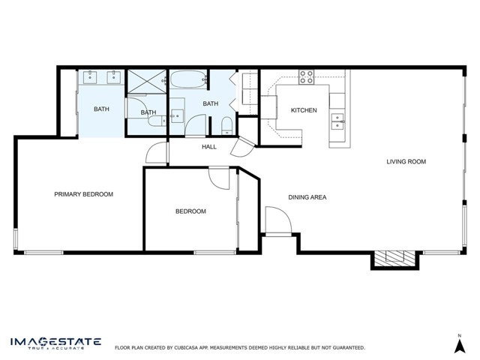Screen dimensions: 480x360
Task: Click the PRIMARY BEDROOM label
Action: [83, 194]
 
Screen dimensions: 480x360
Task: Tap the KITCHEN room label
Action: [304, 110]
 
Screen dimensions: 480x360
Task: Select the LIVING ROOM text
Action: [406, 162]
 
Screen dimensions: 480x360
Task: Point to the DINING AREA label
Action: [307, 197]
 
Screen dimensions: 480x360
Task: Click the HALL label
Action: [209, 147]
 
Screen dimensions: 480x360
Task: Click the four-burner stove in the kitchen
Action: [307, 76]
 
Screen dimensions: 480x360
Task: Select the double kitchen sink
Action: [337, 121]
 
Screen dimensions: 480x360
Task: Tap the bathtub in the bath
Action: [187, 79]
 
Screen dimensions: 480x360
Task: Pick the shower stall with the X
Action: [147, 81]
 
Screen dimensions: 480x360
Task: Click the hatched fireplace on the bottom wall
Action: [395, 258]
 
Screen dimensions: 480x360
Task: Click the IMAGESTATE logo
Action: [55, 343]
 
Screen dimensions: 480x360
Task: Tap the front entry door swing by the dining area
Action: [278, 220]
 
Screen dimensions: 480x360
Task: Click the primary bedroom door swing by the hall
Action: [156, 152]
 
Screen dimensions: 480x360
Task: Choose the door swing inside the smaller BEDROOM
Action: [219, 178]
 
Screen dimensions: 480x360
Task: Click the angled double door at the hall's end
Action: [242, 147]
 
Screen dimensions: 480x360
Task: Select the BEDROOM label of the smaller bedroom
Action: [190, 211]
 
